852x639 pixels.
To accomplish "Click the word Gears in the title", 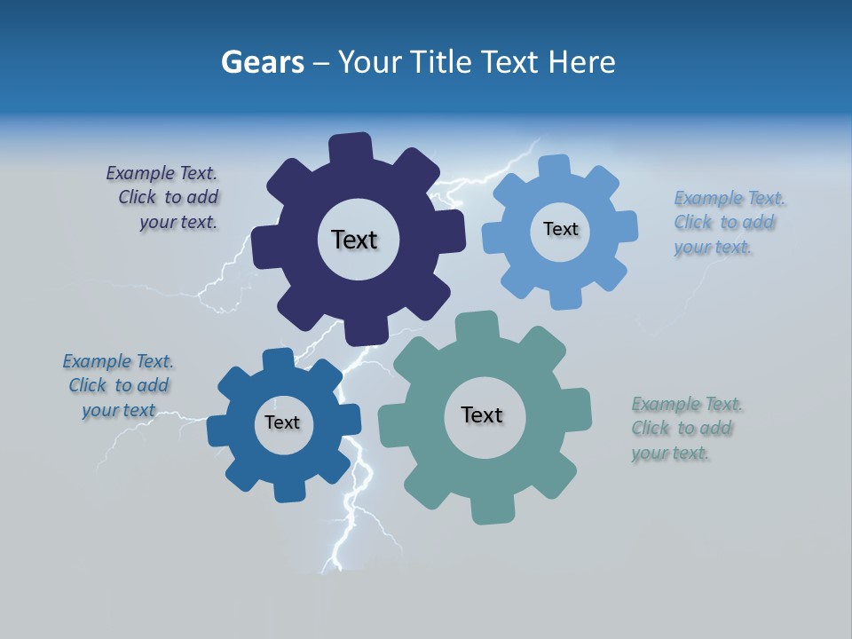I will (262, 63).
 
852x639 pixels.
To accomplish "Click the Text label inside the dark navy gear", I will (354, 240).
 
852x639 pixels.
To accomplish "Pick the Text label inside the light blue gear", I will (560, 229).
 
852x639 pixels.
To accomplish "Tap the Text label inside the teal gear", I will (482, 414).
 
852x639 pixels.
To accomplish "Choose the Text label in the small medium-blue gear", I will (282, 422).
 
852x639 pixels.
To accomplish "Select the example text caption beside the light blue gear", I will (728, 222).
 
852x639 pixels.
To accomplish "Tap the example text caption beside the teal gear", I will (685, 429).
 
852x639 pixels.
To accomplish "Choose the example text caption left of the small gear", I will (119, 385).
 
